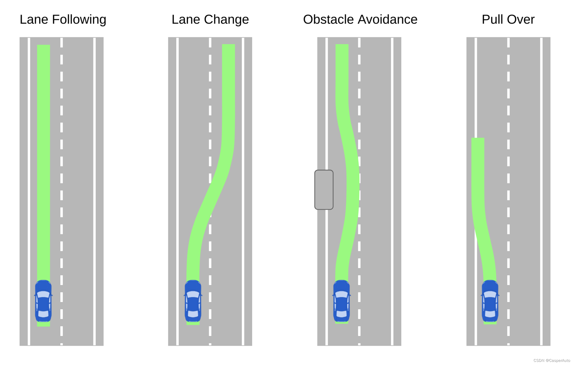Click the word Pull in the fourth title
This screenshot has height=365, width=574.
492,20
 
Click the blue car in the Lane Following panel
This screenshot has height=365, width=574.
43,301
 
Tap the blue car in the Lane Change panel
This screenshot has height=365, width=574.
193,301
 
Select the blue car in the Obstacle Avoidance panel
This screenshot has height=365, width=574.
342,301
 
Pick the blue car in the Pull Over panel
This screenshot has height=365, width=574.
490,301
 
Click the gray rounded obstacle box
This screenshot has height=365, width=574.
324,189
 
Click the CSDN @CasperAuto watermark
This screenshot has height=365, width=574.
551,360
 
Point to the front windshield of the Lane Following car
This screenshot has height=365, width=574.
43,294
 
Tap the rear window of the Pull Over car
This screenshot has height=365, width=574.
490,314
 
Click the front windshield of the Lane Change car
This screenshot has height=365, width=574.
193,294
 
